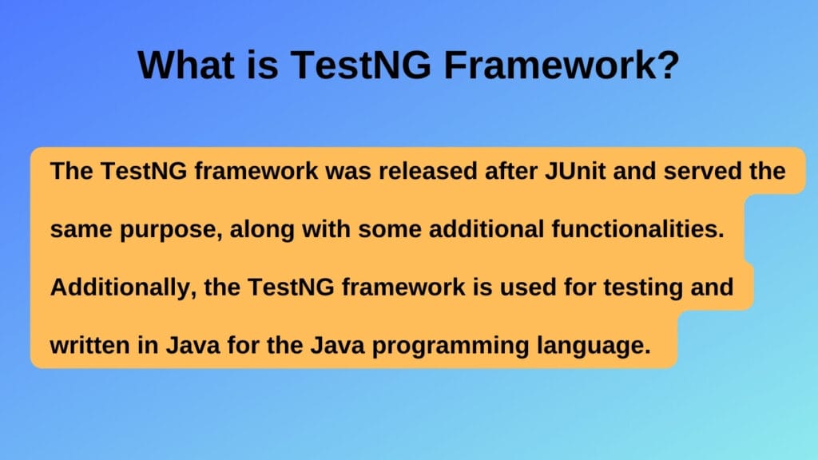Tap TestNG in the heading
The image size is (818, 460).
(359, 65)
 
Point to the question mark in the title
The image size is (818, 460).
(669, 65)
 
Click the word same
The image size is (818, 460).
(80, 230)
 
